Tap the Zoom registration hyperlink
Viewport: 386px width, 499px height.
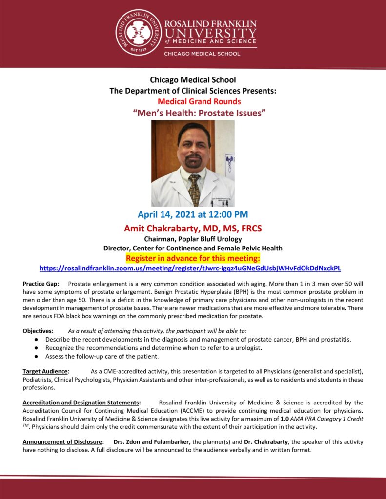tap(190, 269)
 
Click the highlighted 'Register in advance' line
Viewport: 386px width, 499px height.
tap(193, 258)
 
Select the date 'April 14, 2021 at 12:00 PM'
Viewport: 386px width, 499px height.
tap(193, 214)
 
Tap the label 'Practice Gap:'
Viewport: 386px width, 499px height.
tap(41, 284)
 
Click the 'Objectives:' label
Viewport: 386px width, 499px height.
tap(38, 331)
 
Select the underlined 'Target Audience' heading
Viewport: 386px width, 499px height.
tap(46, 371)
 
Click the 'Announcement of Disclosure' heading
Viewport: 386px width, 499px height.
tap(63, 441)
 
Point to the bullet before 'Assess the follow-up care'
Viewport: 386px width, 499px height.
tap(37, 356)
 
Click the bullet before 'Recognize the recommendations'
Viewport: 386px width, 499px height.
tap(37, 347)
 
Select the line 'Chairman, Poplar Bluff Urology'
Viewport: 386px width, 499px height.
tap(193, 239)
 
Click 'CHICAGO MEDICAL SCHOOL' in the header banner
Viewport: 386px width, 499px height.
tap(202, 54)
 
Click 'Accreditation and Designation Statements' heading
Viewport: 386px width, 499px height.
tap(81, 403)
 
